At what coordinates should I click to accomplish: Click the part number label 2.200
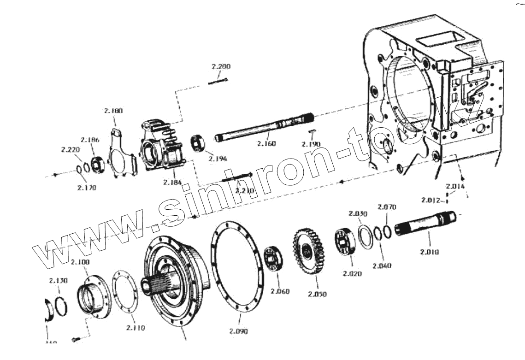(221, 67)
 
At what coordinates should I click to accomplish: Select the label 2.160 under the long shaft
(266, 144)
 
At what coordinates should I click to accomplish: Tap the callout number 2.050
(317, 294)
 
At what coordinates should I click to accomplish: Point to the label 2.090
(238, 331)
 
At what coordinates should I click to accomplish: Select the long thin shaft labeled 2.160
(263, 130)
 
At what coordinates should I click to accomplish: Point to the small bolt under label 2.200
(218, 82)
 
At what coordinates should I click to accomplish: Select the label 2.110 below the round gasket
(135, 328)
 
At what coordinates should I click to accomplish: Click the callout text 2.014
(455, 186)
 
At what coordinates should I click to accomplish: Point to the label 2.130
(58, 281)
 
